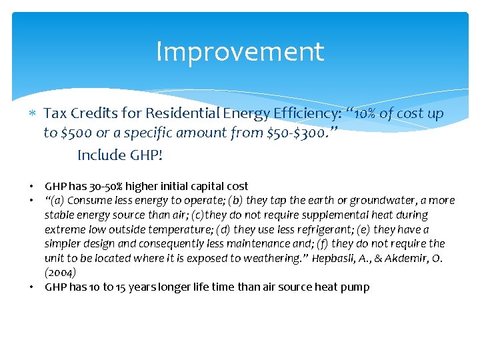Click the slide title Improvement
240,52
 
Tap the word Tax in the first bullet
55,114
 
